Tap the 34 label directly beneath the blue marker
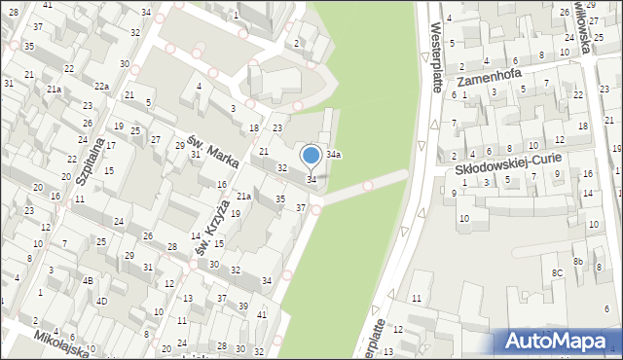[x=311, y=180]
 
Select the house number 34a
[x=334, y=154]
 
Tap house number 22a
[x=101, y=87]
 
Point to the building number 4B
[x=88, y=281]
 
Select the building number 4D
[x=101, y=301]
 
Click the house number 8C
[x=557, y=273]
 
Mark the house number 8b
[x=577, y=262]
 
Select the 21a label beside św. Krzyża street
[x=244, y=198]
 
